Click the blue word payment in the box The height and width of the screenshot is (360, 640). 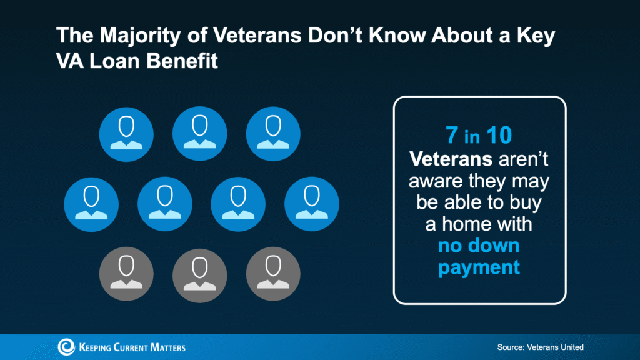[x=479, y=268]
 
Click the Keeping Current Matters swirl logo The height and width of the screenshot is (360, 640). [x=67, y=347]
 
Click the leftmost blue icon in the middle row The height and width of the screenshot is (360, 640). [x=91, y=204]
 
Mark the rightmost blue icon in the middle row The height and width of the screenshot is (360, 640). [x=311, y=204]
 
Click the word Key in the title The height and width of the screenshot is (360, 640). [x=537, y=36]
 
